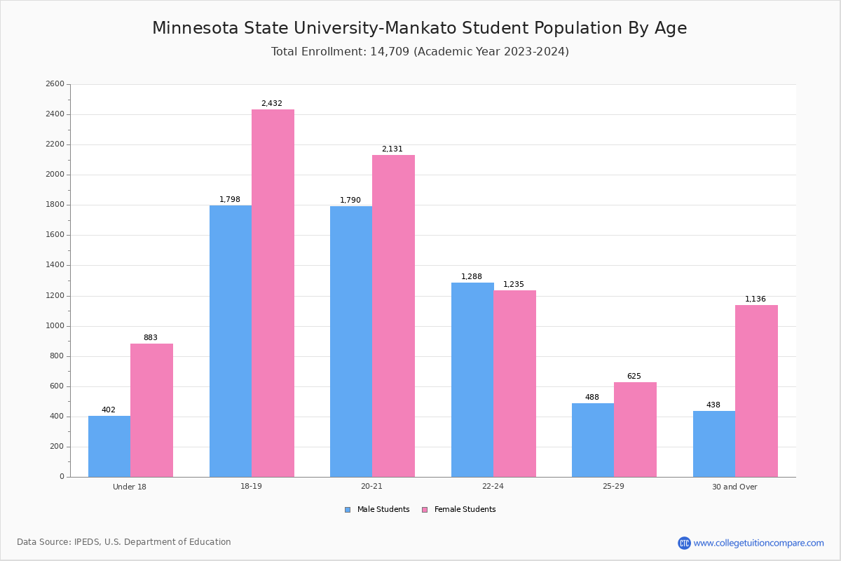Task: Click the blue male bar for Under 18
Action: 109,446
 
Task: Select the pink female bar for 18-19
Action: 273,293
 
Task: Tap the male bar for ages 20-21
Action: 351,342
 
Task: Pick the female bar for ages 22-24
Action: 514,384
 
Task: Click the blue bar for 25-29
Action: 593,440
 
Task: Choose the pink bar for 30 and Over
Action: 756,391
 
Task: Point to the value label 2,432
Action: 272,104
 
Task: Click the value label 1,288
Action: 472,277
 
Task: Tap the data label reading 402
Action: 109,410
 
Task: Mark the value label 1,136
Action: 755,299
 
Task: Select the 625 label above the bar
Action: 634,377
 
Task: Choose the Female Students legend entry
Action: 459,510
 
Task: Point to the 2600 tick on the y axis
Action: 55,84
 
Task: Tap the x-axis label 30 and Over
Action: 734,487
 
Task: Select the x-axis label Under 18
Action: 130,487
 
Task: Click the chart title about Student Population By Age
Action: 420,28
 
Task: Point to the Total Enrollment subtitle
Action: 420,52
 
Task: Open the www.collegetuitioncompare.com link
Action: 758,543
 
